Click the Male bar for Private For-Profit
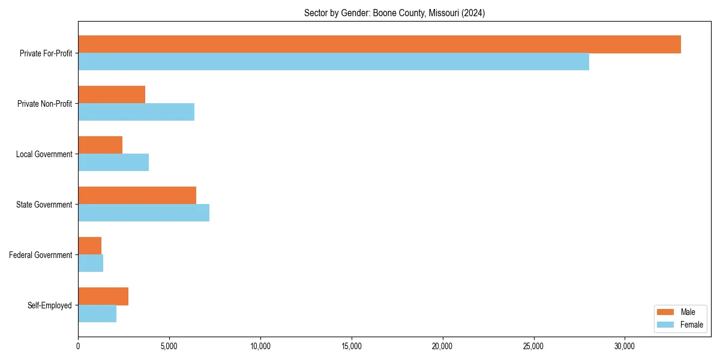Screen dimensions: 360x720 coord(379,44)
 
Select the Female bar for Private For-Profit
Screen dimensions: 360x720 coord(334,62)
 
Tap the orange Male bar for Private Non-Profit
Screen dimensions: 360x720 coord(112,95)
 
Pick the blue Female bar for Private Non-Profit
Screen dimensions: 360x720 coord(136,112)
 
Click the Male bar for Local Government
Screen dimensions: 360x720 coord(100,145)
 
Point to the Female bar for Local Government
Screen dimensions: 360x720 coord(113,163)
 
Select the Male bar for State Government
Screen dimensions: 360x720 coord(137,196)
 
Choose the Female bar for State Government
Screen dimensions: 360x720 coord(143,213)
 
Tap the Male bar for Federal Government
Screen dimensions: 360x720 coord(89,246)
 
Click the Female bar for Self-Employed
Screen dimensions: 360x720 coord(97,314)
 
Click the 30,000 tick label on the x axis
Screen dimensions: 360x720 coord(625,346)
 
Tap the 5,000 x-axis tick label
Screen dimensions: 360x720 coord(169,346)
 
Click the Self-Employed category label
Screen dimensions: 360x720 coord(50,305)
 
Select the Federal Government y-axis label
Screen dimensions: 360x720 coord(41,255)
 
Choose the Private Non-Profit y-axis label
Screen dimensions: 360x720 coord(44,104)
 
